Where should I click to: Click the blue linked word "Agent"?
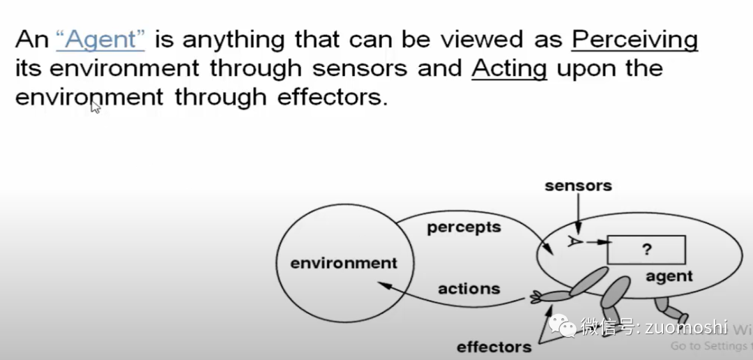[x=100, y=40]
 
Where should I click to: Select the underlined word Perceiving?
[x=634, y=40]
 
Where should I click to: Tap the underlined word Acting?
[x=509, y=69]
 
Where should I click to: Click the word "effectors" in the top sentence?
[x=332, y=97]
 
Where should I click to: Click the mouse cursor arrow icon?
[x=96, y=107]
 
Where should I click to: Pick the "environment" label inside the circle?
[x=344, y=264]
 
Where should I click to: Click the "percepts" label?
[x=464, y=227]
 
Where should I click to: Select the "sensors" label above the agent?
[x=578, y=186]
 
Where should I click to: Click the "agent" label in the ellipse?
[x=669, y=276]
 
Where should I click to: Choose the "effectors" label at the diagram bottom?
[x=494, y=347]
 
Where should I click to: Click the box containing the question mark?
[x=646, y=250]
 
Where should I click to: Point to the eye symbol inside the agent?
[x=575, y=241]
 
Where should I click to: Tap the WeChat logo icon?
[x=563, y=327]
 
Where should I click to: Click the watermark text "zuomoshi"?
[x=686, y=327]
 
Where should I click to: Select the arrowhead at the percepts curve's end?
[x=547, y=249]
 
